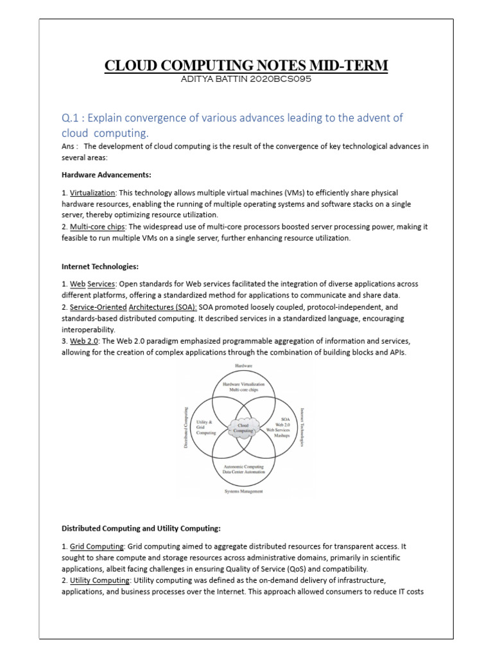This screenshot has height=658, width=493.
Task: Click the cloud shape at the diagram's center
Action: [x=243, y=428]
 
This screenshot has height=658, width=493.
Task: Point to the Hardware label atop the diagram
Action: [x=244, y=366]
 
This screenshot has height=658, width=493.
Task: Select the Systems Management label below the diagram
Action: [x=243, y=492]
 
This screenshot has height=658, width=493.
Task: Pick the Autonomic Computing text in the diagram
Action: [x=243, y=466]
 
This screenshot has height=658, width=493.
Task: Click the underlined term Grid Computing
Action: [x=91, y=546]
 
